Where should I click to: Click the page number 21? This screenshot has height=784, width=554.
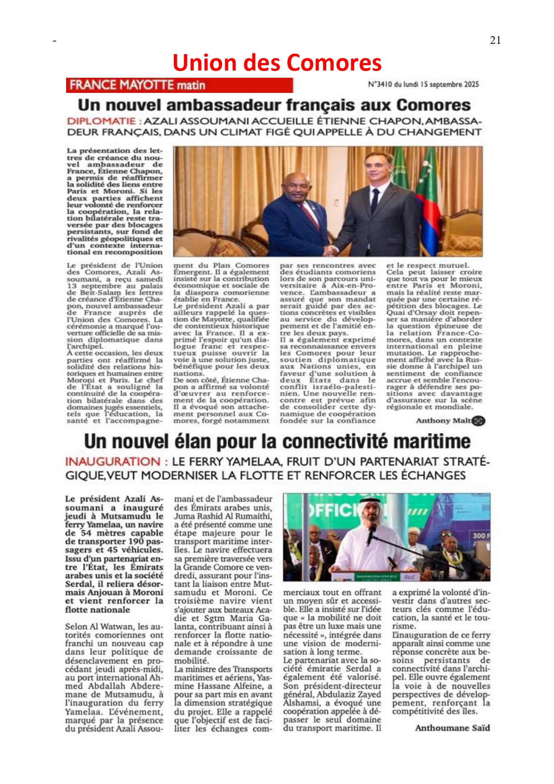[495, 40]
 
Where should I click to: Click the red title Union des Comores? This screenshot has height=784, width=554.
[277, 63]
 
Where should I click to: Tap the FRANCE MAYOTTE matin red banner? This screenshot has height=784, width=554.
[179, 85]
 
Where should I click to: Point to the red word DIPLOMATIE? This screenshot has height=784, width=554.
[101, 121]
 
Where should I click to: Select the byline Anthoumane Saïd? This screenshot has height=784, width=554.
[452, 728]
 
